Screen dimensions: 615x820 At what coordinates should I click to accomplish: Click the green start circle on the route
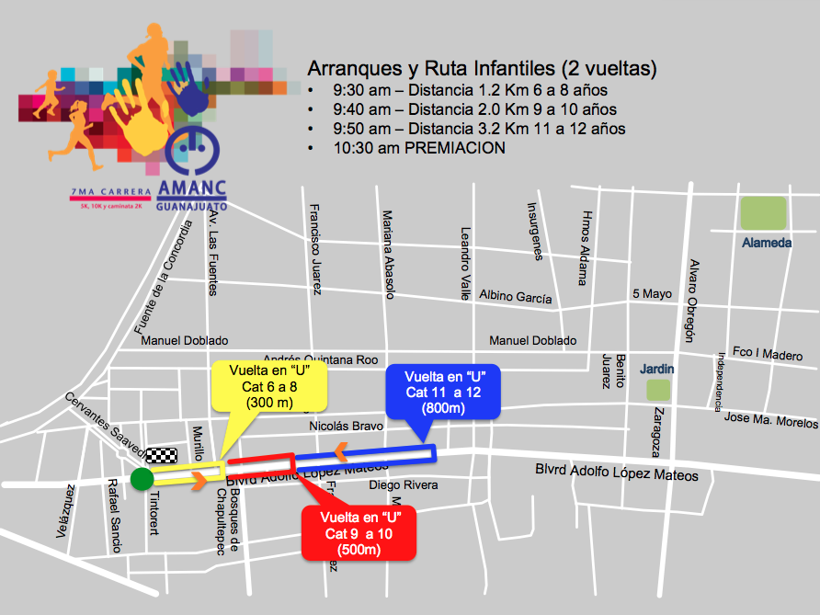[x=142, y=478]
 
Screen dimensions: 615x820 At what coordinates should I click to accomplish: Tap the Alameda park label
[x=767, y=243]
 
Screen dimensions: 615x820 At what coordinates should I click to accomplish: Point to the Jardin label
[x=657, y=369]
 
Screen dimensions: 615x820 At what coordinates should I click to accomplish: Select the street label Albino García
[x=516, y=298]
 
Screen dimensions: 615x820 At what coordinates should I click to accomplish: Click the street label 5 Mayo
[x=652, y=294]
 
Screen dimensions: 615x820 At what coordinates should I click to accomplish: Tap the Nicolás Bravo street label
[x=346, y=426]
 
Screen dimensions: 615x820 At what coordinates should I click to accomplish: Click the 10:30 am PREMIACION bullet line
[x=419, y=147]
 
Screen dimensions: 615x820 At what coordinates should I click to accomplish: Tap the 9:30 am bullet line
[x=470, y=91]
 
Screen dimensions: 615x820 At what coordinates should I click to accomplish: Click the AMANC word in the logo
[x=191, y=188]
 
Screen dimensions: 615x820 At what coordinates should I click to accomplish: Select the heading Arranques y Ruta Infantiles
[x=483, y=68]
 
